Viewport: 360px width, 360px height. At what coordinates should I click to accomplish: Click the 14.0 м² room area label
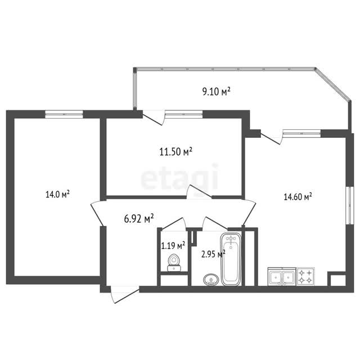tap(57, 195)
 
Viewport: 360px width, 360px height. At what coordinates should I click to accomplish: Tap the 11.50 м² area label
tap(175, 152)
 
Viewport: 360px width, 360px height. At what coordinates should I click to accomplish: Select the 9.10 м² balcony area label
tap(216, 91)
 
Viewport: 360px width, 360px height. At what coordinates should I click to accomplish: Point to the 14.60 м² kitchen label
tap(298, 197)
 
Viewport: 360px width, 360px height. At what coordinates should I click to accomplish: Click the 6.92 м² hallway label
tap(139, 219)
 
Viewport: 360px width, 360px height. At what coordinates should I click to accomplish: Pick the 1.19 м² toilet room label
tap(173, 246)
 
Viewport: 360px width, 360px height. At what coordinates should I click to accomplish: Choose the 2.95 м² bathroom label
tap(213, 254)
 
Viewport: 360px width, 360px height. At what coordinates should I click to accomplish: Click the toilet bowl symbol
tap(174, 263)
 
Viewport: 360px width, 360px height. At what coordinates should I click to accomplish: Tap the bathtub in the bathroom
tap(231, 259)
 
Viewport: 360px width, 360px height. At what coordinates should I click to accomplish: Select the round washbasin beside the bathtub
tap(211, 280)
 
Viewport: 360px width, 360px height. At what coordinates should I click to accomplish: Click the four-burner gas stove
tap(305, 276)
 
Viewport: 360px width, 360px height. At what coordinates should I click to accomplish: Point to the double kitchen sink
tap(282, 276)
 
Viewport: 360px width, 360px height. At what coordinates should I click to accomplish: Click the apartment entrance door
tap(125, 295)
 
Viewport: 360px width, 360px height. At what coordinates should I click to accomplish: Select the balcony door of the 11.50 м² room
tap(154, 118)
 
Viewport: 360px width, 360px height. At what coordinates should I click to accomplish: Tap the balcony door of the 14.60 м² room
tap(272, 137)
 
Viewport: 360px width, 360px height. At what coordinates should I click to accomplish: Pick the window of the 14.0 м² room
tap(64, 114)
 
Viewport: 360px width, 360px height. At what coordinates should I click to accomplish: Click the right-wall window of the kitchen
tap(350, 205)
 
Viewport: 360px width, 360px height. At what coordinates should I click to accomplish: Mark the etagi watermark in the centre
tap(179, 177)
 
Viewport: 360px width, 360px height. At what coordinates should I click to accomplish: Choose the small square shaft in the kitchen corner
tap(338, 280)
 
